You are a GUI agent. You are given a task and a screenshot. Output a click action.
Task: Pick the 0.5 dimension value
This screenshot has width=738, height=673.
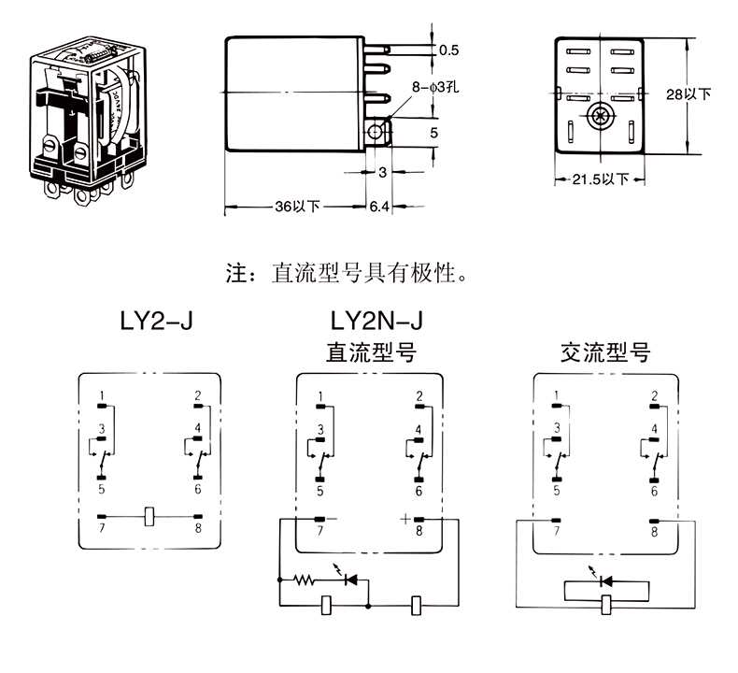448,50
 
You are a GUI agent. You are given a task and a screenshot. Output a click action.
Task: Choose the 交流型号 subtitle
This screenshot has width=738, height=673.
603,352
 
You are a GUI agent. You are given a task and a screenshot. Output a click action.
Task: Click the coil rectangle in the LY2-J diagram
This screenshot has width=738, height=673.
149,517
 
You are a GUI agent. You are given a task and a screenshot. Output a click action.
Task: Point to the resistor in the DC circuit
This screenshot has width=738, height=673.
305,580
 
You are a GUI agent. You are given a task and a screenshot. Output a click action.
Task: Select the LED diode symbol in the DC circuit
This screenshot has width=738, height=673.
351,580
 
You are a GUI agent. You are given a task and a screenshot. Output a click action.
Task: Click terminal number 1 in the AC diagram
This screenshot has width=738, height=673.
557,395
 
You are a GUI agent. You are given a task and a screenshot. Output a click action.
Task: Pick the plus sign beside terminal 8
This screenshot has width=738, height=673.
404,517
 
